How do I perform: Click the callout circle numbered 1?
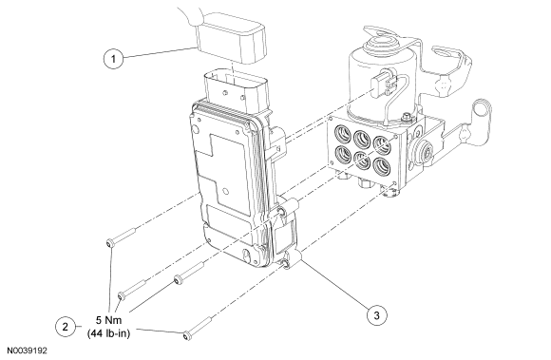point(113,58)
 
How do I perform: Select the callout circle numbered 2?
point(66,327)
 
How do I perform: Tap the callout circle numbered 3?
point(377,315)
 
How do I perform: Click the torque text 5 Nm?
point(108,320)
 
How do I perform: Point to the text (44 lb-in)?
point(108,333)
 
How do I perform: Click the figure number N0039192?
point(28,351)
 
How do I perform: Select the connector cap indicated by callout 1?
point(230,39)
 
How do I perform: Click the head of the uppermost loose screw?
point(109,243)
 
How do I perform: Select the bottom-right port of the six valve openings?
point(381,166)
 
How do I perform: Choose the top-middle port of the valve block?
point(362,139)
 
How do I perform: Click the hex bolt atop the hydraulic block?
point(407,116)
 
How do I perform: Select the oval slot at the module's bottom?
point(247,256)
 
